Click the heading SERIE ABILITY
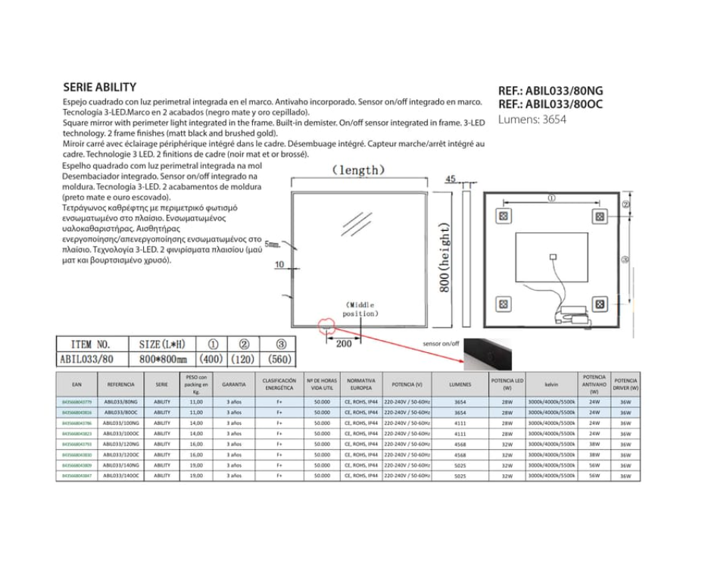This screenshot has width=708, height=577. pos(99,88)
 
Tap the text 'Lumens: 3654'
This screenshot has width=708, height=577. pos(532,119)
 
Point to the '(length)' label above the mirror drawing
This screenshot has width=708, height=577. pos(359,170)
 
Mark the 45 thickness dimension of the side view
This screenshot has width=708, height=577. pos(451,179)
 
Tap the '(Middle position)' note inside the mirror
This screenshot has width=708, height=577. pos(360,308)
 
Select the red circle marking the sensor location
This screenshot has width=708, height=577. pos(326,325)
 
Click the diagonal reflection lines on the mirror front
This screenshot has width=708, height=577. pos(351,225)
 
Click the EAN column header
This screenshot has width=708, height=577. pos(76,385)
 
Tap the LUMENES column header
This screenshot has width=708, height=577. pos(460,385)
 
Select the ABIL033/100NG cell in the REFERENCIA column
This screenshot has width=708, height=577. pos(121,423)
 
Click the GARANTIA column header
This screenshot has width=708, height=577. pos(234,385)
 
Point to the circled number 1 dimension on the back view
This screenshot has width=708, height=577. pos(550,198)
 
